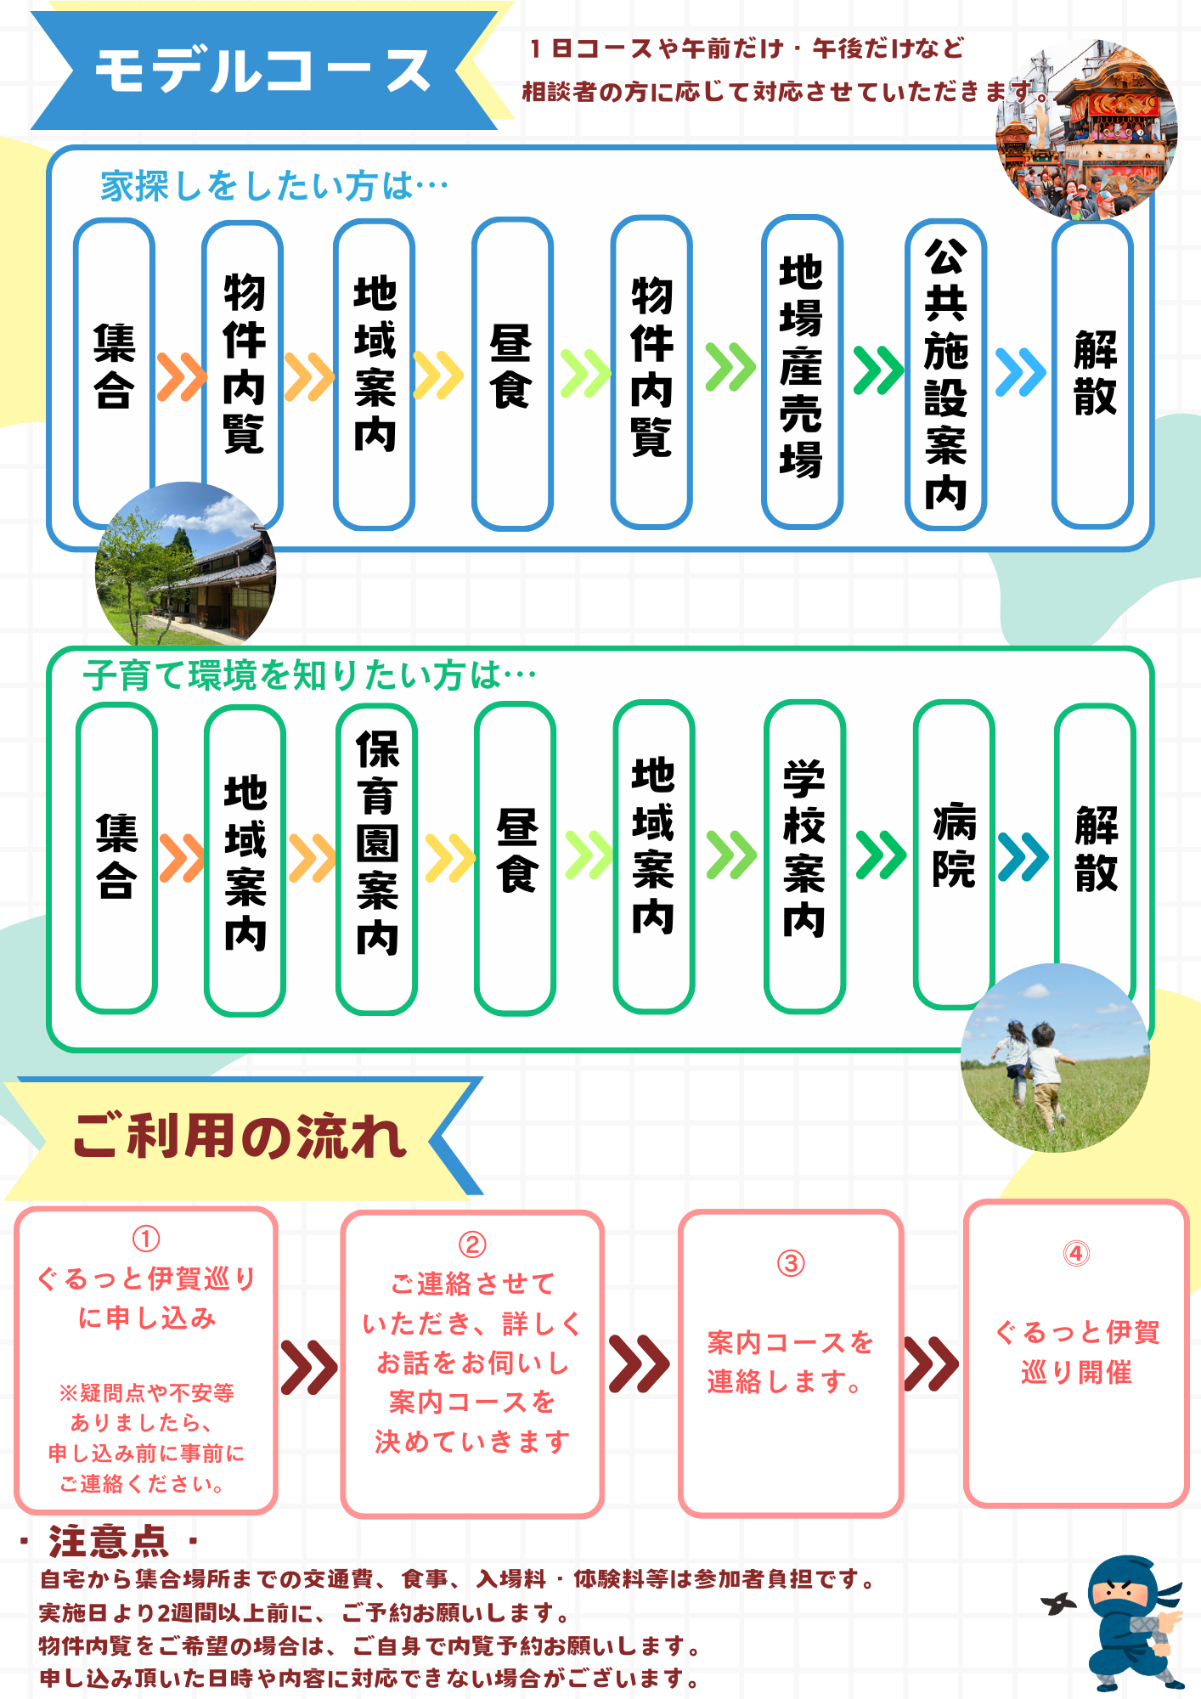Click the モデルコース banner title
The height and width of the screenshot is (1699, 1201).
click(x=263, y=71)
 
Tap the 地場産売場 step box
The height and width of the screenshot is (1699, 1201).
click(x=802, y=372)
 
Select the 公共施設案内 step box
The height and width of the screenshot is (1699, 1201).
click(x=945, y=375)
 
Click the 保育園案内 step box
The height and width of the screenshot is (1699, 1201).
click(x=376, y=859)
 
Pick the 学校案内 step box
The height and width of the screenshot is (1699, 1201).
click(x=804, y=856)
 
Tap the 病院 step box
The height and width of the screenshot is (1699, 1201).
click(x=954, y=855)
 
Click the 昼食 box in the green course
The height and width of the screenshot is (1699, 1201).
click(x=516, y=858)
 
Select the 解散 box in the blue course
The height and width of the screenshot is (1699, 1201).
click(x=1093, y=374)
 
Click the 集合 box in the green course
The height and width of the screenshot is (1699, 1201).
click(x=116, y=858)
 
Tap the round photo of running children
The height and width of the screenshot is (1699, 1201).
click(x=1055, y=1058)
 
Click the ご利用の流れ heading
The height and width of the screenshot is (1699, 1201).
click(x=240, y=1136)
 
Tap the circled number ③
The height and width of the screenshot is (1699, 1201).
click(x=791, y=1263)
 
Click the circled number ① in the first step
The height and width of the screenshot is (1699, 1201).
click(x=146, y=1239)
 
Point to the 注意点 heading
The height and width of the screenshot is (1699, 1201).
click(x=109, y=1540)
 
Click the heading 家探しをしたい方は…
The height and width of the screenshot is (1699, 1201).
click(x=274, y=186)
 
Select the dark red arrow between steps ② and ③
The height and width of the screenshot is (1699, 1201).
click(x=639, y=1363)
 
